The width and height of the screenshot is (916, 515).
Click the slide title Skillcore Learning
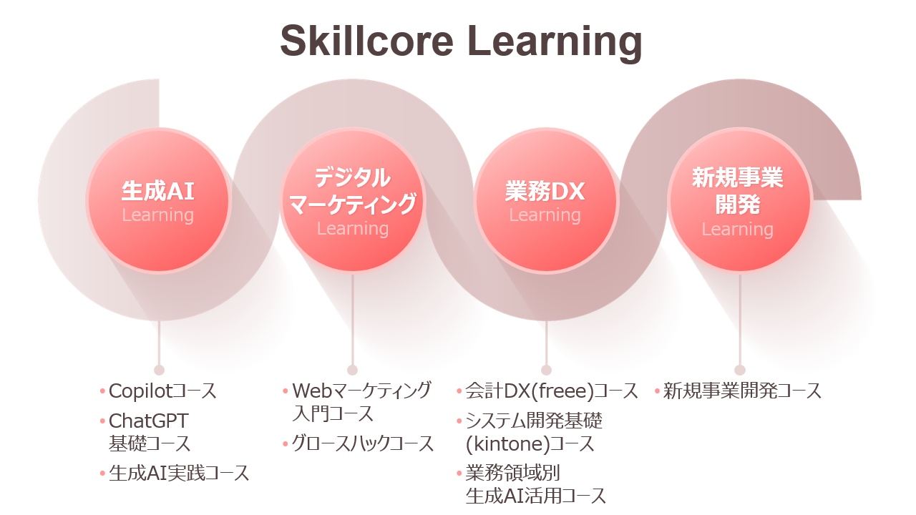tap(461, 41)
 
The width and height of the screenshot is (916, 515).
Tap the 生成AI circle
tap(158, 200)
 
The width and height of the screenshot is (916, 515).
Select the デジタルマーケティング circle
tap(352, 200)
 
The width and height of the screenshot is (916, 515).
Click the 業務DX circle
tap(545, 200)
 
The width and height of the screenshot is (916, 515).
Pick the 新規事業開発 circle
tap(739, 200)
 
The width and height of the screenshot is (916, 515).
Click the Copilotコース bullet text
tap(162, 391)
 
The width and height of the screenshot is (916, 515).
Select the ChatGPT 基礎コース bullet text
tap(150, 431)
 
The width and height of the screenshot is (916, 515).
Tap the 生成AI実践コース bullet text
tap(179, 473)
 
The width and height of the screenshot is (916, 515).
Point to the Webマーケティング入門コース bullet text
tap(362, 401)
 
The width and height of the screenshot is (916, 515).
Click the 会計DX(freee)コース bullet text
tap(552, 391)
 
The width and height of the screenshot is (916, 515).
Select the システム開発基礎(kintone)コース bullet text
tap(534, 431)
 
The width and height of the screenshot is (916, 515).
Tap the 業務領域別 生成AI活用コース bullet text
tap(535, 484)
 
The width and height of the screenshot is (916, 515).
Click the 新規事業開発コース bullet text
tap(742, 391)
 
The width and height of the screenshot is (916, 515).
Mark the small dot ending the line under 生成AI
tap(159, 370)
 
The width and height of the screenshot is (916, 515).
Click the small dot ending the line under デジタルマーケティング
tap(352, 370)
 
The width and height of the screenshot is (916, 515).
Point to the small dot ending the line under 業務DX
tap(546, 370)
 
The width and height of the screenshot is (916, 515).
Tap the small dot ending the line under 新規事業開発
tap(739, 370)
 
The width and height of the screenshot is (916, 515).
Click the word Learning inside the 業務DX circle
tap(545, 215)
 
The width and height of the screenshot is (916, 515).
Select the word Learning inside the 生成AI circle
tap(158, 215)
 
